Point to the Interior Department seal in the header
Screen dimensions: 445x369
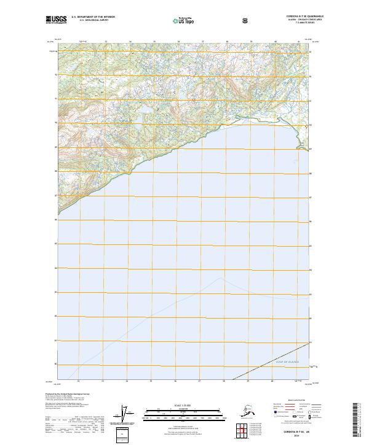coord(245,20)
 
